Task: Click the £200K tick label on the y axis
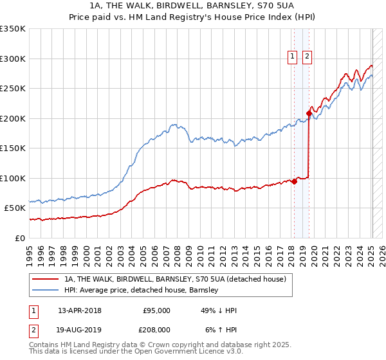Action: (13, 118)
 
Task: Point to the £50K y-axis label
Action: (15, 208)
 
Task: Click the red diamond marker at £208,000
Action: (309, 114)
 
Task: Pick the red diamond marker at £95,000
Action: (294, 181)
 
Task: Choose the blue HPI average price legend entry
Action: (142, 290)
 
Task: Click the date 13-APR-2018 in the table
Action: (79, 310)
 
